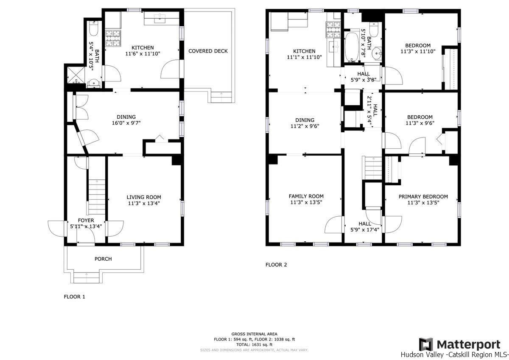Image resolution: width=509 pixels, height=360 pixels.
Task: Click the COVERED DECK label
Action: click(x=208, y=51)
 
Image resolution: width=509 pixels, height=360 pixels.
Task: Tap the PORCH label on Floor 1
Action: click(x=103, y=259)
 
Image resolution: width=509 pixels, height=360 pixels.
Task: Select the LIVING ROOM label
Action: click(x=144, y=197)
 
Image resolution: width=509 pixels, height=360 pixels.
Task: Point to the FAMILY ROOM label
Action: click(x=306, y=196)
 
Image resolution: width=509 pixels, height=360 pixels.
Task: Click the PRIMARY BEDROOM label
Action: click(x=423, y=197)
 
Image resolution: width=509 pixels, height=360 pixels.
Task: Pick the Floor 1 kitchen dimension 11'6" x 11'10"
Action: click(x=143, y=54)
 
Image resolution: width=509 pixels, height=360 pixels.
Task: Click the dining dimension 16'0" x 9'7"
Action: click(x=126, y=123)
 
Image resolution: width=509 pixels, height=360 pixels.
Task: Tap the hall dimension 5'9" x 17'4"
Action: click(x=365, y=230)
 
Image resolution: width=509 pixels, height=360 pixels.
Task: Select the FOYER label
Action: click(x=86, y=220)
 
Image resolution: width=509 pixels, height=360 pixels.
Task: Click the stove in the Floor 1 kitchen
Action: click(x=113, y=39)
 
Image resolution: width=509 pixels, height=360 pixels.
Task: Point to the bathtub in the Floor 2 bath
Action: click(x=352, y=47)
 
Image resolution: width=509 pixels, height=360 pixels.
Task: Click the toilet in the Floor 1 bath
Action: click(x=93, y=29)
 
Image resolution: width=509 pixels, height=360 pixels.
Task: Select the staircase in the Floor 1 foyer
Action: click(x=97, y=197)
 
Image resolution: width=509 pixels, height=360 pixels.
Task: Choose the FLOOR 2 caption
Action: click(x=276, y=265)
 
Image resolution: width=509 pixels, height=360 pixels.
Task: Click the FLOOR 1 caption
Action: click(x=74, y=297)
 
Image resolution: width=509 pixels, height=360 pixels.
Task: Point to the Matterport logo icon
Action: click(x=426, y=345)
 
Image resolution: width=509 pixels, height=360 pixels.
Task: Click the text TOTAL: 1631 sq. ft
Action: click(x=254, y=345)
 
